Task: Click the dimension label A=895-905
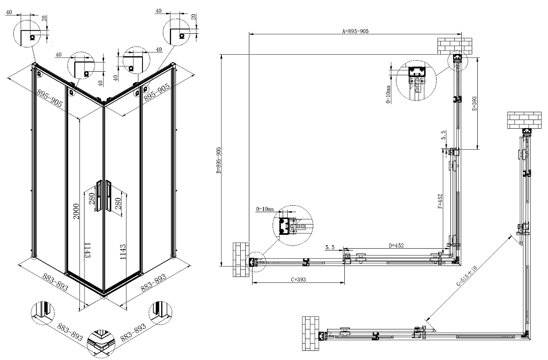pyautogui.click(x=355, y=31)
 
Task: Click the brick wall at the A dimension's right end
pyautogui.click(x=454, y=46)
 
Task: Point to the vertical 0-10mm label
pyautogui.click(x=388, y=94)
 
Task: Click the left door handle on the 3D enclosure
pyautogui.click(x=99, y=196)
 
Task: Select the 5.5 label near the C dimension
pyautogui.click(x=331, y=247)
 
